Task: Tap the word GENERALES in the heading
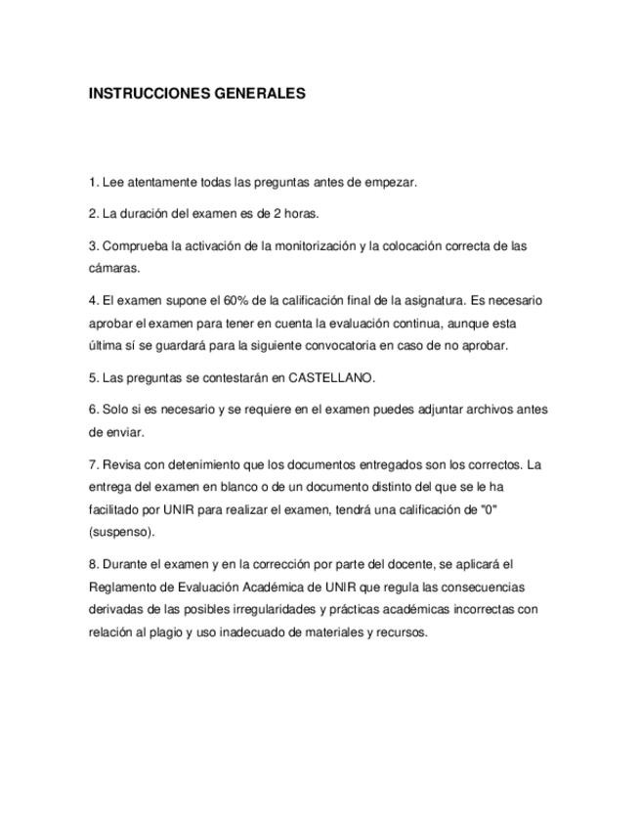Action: (259, 94)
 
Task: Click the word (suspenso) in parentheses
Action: (122, 532)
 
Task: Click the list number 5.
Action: (94, 377)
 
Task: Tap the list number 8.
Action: (94, 564)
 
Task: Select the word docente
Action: (423, 564)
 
